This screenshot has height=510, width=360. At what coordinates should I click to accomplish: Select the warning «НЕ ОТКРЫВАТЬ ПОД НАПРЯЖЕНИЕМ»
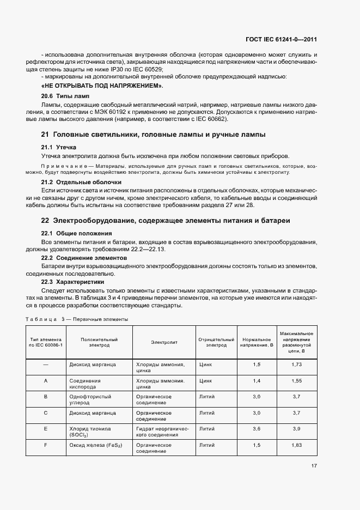102,86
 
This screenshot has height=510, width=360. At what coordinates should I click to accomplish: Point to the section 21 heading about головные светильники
154,134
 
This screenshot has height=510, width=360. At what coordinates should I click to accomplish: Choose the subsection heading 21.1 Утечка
59,147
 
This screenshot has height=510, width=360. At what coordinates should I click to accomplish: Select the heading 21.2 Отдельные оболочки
82,181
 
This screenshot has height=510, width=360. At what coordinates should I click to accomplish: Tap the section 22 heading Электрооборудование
166,220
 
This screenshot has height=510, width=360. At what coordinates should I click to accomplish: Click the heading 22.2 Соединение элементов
84,257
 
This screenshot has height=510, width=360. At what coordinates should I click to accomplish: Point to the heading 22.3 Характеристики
73,282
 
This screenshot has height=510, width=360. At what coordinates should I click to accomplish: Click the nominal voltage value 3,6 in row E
257,429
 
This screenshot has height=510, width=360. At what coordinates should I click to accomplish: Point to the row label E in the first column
46,429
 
